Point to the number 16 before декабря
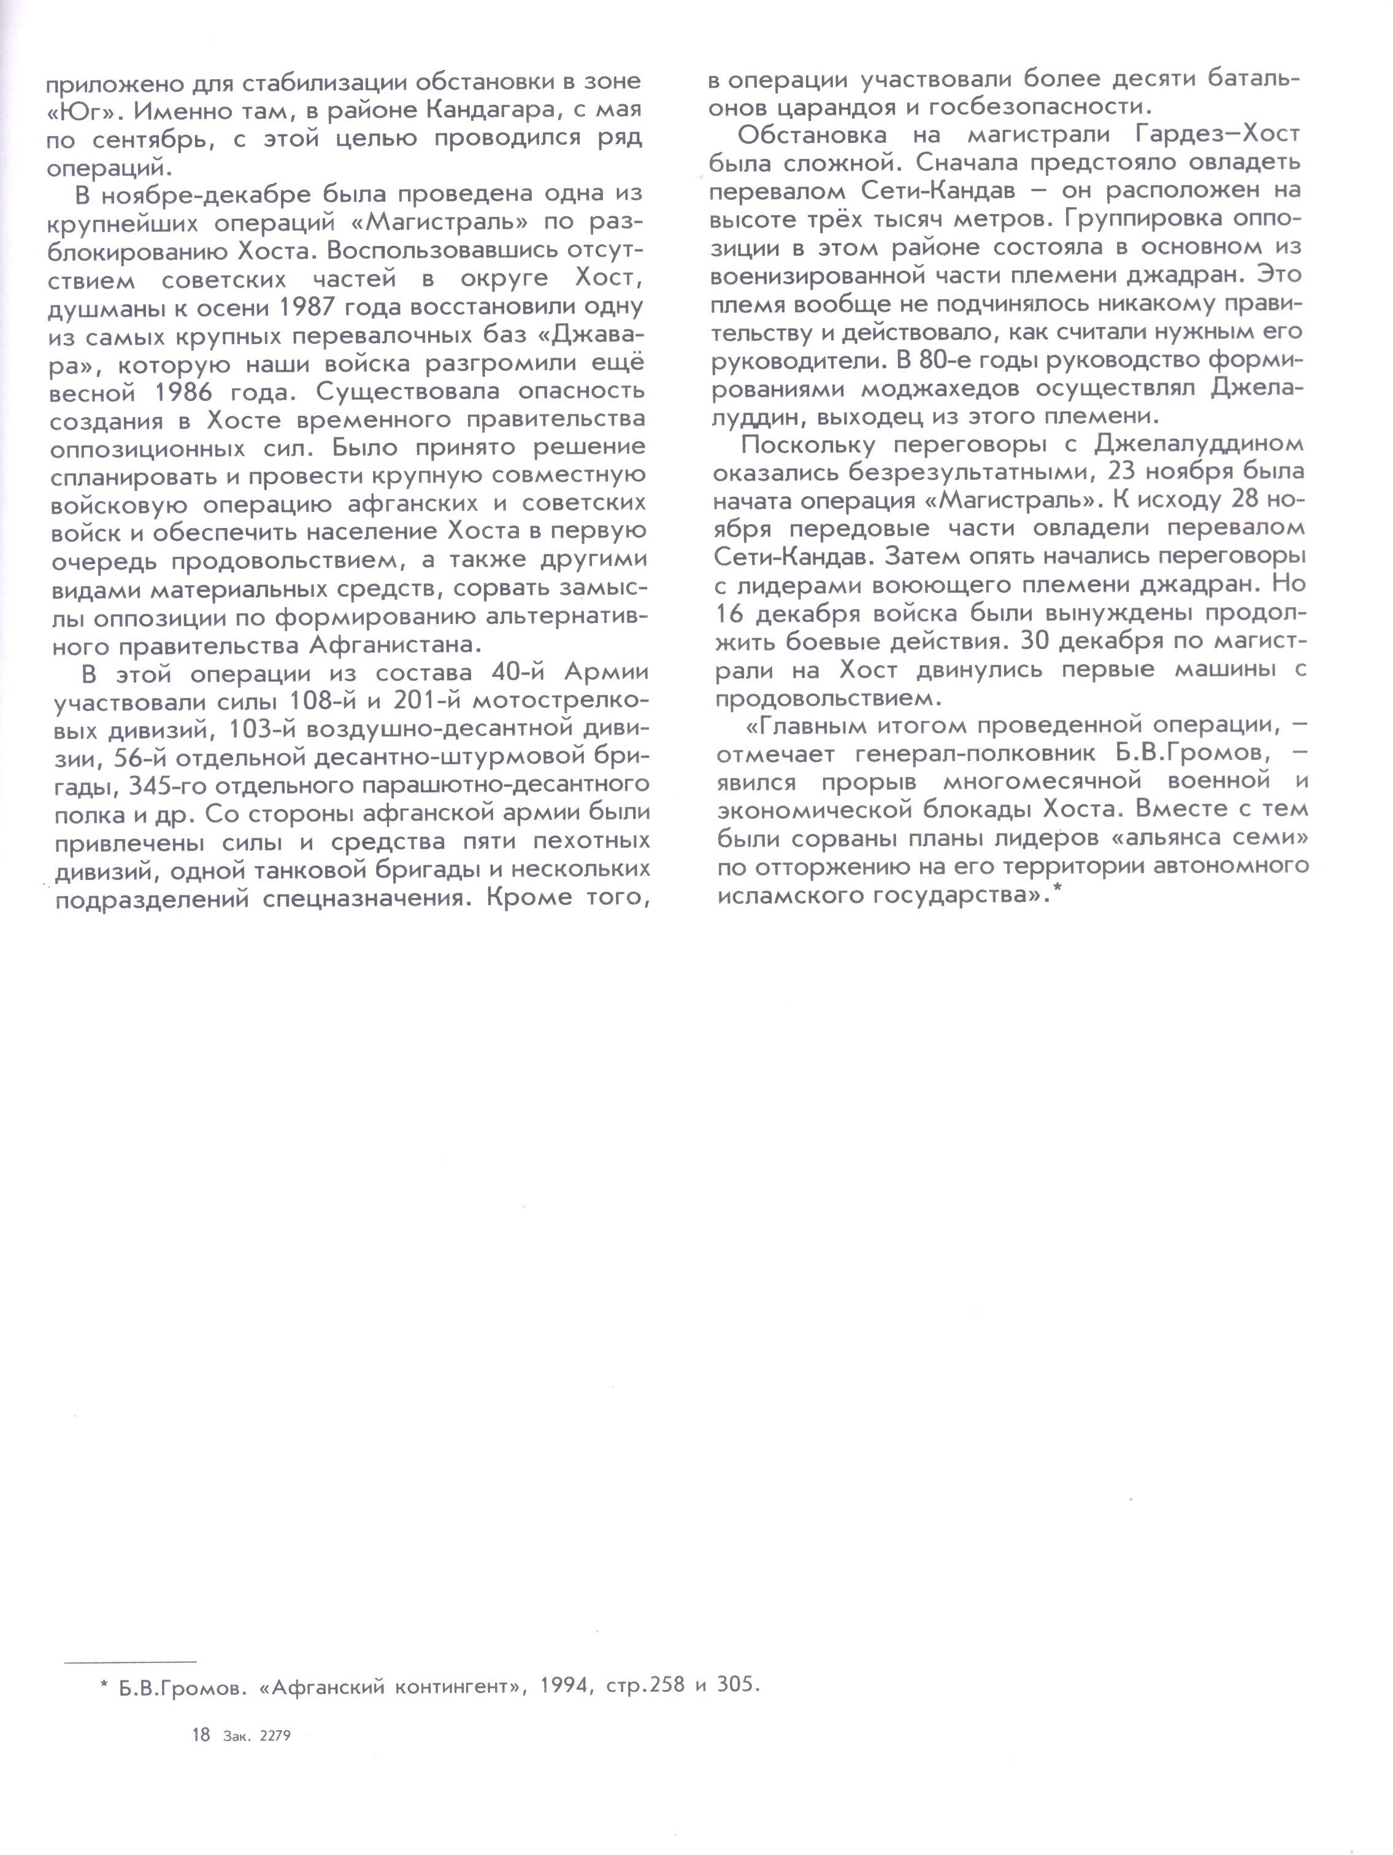tap(730, 614)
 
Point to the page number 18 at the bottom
tap(201, 1735)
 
